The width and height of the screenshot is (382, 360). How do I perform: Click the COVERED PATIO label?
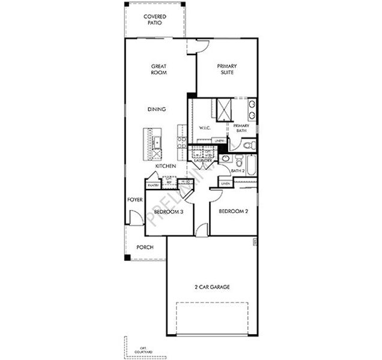[155, 20]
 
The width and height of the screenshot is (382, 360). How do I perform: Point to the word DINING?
[157, 109]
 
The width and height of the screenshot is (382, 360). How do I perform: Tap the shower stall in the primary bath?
[225, 109]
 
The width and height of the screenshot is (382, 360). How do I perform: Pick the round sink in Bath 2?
[225, 158]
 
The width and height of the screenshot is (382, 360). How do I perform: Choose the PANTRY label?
[153, 185]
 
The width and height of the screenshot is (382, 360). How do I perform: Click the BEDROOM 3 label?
[169, 212]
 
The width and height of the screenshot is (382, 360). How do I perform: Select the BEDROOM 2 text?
[233, 212]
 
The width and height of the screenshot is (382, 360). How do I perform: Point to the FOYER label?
[135, 200]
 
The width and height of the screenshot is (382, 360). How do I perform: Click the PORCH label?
[144, 247]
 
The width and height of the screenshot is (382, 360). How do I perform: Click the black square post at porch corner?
[127, 257]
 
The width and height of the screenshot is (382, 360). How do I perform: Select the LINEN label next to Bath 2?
[225, 184]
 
